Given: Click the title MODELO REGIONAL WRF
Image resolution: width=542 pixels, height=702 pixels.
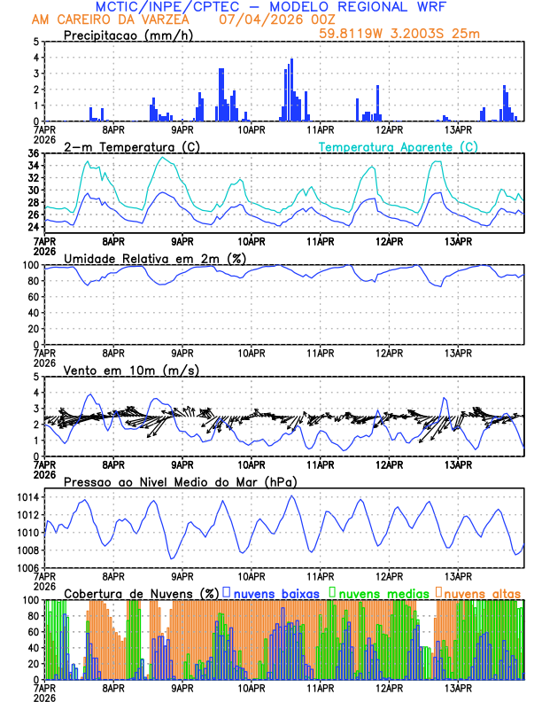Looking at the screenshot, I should coord(388,7).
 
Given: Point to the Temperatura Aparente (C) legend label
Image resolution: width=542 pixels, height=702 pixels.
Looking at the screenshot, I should coord(399,146).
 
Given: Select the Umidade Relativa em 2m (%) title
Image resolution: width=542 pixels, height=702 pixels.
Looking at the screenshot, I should coord(154,258).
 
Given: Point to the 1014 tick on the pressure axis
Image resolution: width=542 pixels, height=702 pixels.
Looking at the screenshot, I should coord(27,496).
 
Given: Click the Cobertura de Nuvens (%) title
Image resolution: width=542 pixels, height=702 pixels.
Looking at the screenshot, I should coord(141,592).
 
